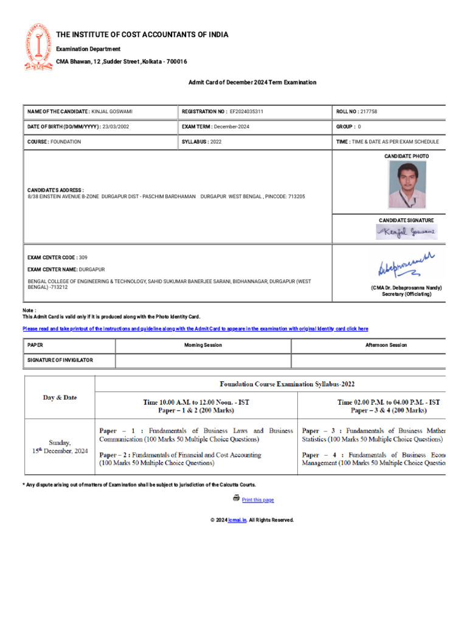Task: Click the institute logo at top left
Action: point(39,47)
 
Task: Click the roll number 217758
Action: point(368,112)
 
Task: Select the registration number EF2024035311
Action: point(246,112)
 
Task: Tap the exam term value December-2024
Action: point(232,127)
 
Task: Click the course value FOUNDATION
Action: point(66,142)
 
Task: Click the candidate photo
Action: point(407,184)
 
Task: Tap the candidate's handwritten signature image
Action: point(406,232)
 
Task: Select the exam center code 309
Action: point(83,257)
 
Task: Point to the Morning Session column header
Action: point(203,345)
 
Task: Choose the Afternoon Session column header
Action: point(378,345)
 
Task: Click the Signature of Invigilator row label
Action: point(60,360)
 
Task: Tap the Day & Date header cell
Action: point(60,397)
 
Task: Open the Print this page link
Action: point(258,500)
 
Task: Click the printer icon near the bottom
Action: point(236,498)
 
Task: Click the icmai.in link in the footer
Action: point(237,520)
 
